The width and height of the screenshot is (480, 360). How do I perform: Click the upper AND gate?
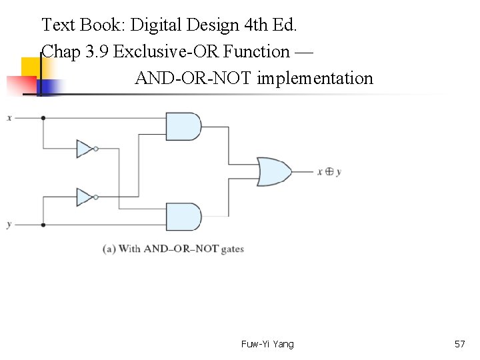(x=183, y=126)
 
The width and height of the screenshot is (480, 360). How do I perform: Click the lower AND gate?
(x=183, y=217)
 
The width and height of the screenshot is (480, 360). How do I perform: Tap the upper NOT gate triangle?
(x=85, y=149)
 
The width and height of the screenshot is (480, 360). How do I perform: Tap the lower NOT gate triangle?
(x=85, y=197)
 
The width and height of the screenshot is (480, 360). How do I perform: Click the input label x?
(x=9, y=118)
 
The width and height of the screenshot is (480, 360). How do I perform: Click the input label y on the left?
(x=9, y=225)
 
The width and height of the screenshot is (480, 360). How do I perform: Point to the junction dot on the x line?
(x=43, y=118)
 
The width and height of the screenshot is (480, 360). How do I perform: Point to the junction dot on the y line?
(x=43, y=225)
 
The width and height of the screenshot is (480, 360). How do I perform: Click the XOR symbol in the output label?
(x=329, y=171)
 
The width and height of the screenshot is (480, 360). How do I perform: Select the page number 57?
(x=459, y=344)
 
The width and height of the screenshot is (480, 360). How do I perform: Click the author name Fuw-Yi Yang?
(x=267, y=344)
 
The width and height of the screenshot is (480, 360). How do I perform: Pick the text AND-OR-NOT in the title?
(x=193, y=79)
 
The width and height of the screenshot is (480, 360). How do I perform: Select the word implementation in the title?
(x=315, y=79)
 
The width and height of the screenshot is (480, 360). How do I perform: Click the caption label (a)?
(x=109, y=249)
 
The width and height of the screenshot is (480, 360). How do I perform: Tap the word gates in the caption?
(x=231, y=249)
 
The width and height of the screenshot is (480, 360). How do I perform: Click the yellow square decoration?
(x=31, y=67)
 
